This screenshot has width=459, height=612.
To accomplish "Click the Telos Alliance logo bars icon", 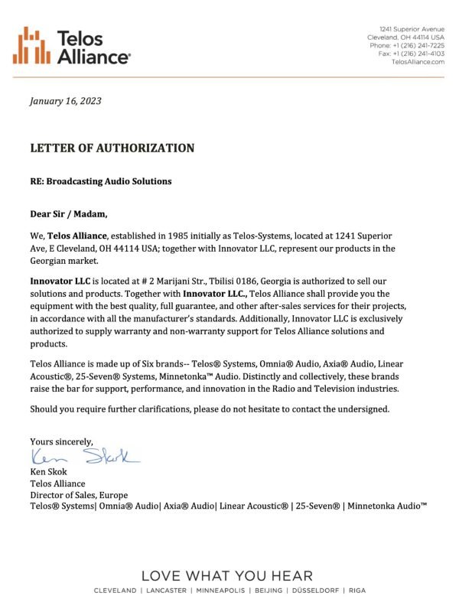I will (x=31, y=45).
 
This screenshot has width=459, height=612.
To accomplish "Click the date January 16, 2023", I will (x=65, y=101).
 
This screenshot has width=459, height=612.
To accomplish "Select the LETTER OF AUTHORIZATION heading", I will (x=112, y=148).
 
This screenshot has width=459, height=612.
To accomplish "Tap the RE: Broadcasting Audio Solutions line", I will (x=101, y=181).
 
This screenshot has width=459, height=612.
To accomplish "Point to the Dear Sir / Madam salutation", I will (x=69, y=213).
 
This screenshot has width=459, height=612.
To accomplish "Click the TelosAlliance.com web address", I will (x=418, y=62).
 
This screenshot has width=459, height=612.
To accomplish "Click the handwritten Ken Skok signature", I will (x=84, y=457).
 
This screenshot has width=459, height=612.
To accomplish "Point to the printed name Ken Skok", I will (x=48, y=472).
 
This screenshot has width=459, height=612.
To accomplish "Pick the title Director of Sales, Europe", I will (x=79, y=495).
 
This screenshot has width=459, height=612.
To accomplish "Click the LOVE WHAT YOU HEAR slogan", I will (x=227, y=576).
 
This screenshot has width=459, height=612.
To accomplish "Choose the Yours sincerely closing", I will (x=61, y=441).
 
